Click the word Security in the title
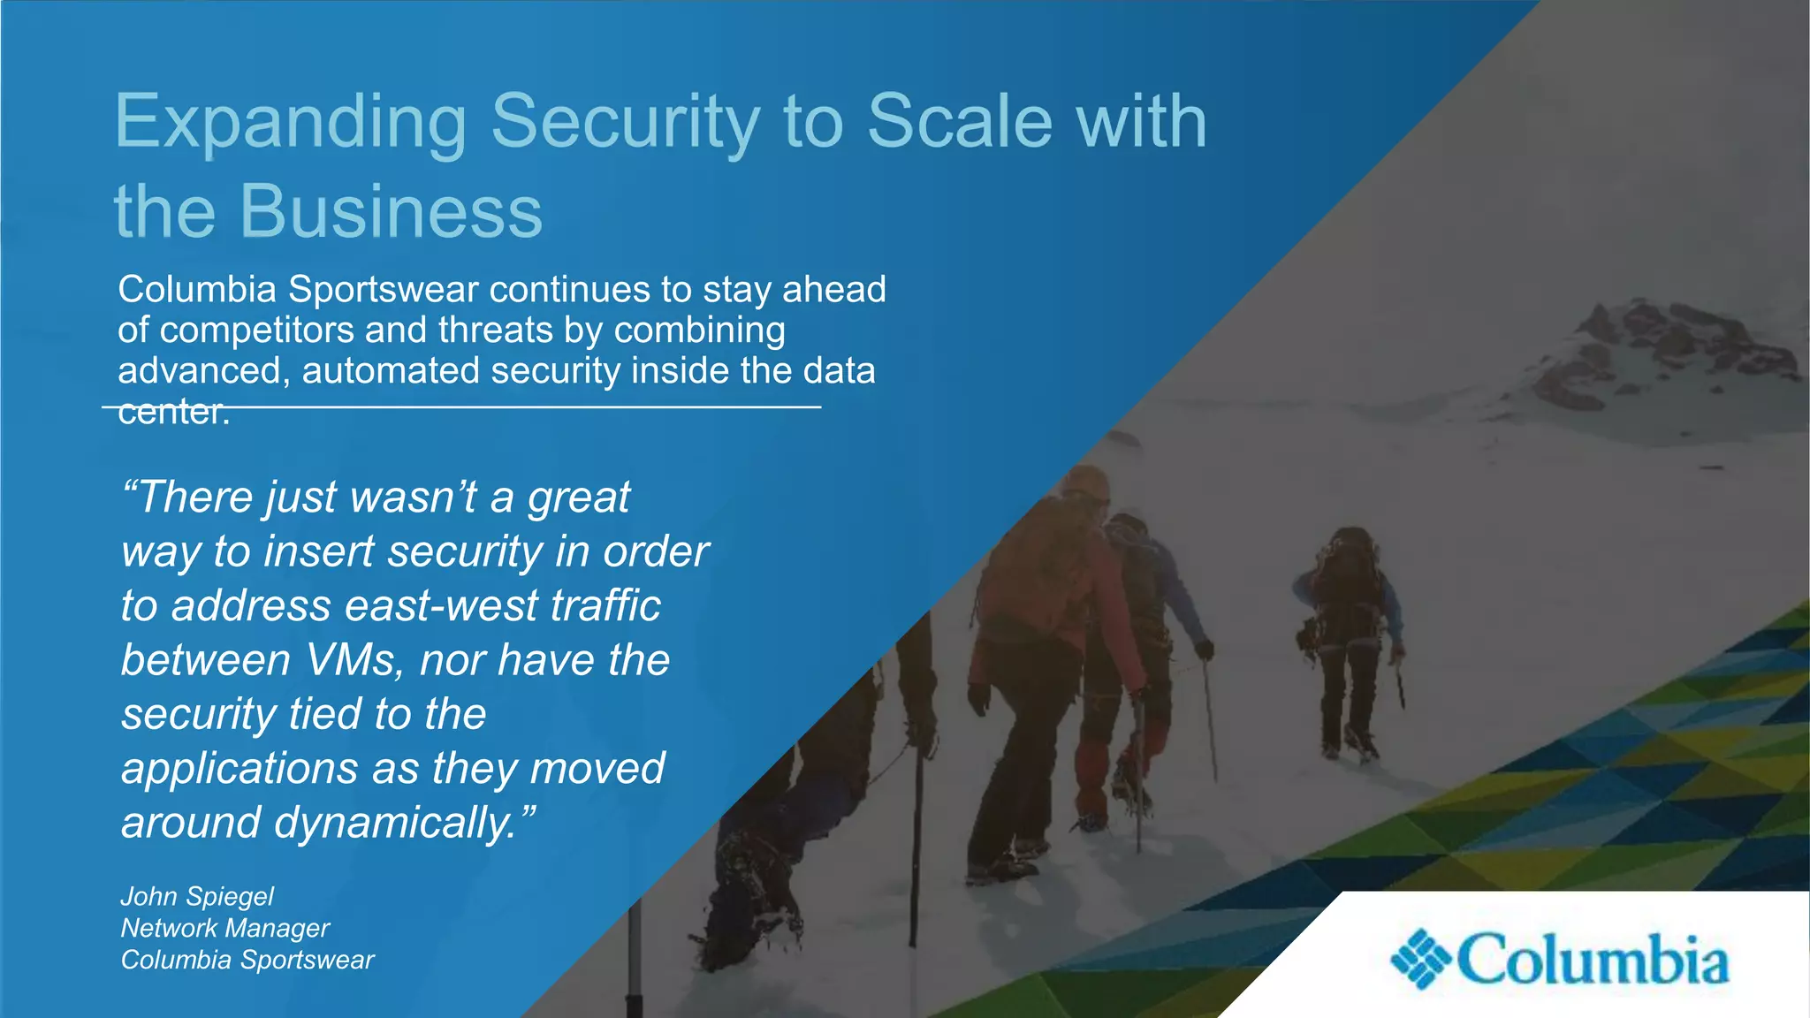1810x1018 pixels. coord(625,122)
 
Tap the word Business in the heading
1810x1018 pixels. coord(391,212)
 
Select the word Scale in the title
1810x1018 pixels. coord(960,122)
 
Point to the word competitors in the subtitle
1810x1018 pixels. coord(256,330)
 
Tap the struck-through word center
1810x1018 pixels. coord(173,412)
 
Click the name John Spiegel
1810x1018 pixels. coord(197,896)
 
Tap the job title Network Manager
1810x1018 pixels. coord(224,928)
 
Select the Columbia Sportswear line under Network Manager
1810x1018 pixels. coord(247,960)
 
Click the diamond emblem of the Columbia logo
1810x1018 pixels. coord(1420,959)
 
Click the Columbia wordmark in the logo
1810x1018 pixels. coord(1592,960)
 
